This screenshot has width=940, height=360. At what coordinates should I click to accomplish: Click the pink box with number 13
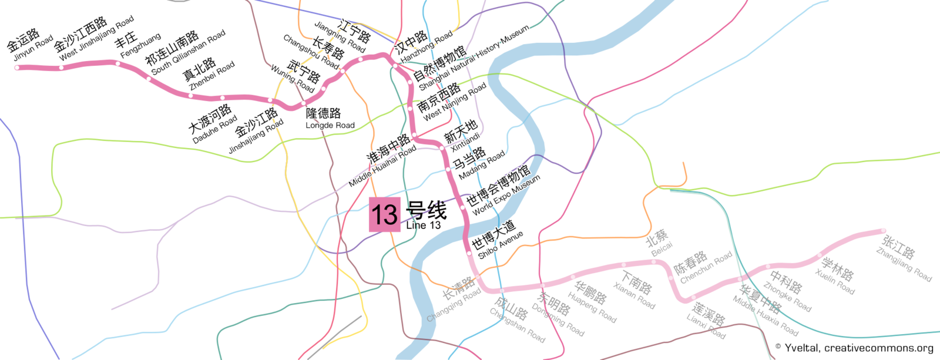click(x=385, y=214)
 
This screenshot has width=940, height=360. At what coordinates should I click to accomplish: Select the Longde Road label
click(x=330, y=119)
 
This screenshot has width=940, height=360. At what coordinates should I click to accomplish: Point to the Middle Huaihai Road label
click(x=385, y=160)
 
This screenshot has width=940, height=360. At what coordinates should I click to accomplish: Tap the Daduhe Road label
click(x=213, y=125)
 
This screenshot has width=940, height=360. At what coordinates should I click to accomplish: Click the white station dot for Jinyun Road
click(x=18, y=68)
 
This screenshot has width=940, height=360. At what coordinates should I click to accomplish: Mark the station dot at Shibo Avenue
click(x=469, y=253)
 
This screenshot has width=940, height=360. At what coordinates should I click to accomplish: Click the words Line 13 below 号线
click(x=423, y=226)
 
